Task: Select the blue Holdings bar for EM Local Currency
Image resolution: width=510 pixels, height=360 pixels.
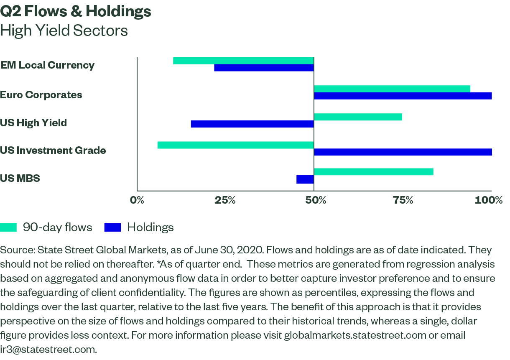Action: click(264, 68)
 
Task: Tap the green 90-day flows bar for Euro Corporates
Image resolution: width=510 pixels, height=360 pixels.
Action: click(392, 89)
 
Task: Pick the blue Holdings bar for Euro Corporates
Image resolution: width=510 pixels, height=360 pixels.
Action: click(403, 96)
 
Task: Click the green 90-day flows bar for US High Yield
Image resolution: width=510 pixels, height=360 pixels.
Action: click(358, 117)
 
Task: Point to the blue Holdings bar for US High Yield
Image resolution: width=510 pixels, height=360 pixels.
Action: click(252, 124)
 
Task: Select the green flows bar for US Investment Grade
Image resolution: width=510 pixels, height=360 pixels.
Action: click(236, 145)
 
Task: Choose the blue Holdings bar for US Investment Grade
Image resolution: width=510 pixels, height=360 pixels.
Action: click(403, 152)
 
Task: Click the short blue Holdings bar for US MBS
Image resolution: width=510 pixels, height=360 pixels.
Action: click(305, 180)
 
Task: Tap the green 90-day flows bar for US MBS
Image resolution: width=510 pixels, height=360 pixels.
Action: click(374, 171)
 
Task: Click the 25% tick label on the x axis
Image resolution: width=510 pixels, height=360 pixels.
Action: click(225, 200)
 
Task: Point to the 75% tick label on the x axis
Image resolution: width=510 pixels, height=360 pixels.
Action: click(403, 200)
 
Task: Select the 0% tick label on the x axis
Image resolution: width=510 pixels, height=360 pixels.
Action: click(137, 200)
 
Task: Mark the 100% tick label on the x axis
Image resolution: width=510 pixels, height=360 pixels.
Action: click(489, 200)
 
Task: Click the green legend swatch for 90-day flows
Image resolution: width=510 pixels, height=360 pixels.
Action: click(8, 227)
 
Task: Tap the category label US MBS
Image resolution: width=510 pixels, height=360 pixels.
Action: click(20, 179)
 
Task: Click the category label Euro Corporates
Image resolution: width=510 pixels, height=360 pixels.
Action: click(41, 95)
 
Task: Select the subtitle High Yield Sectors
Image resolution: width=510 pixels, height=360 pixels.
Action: click(64, 31)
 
